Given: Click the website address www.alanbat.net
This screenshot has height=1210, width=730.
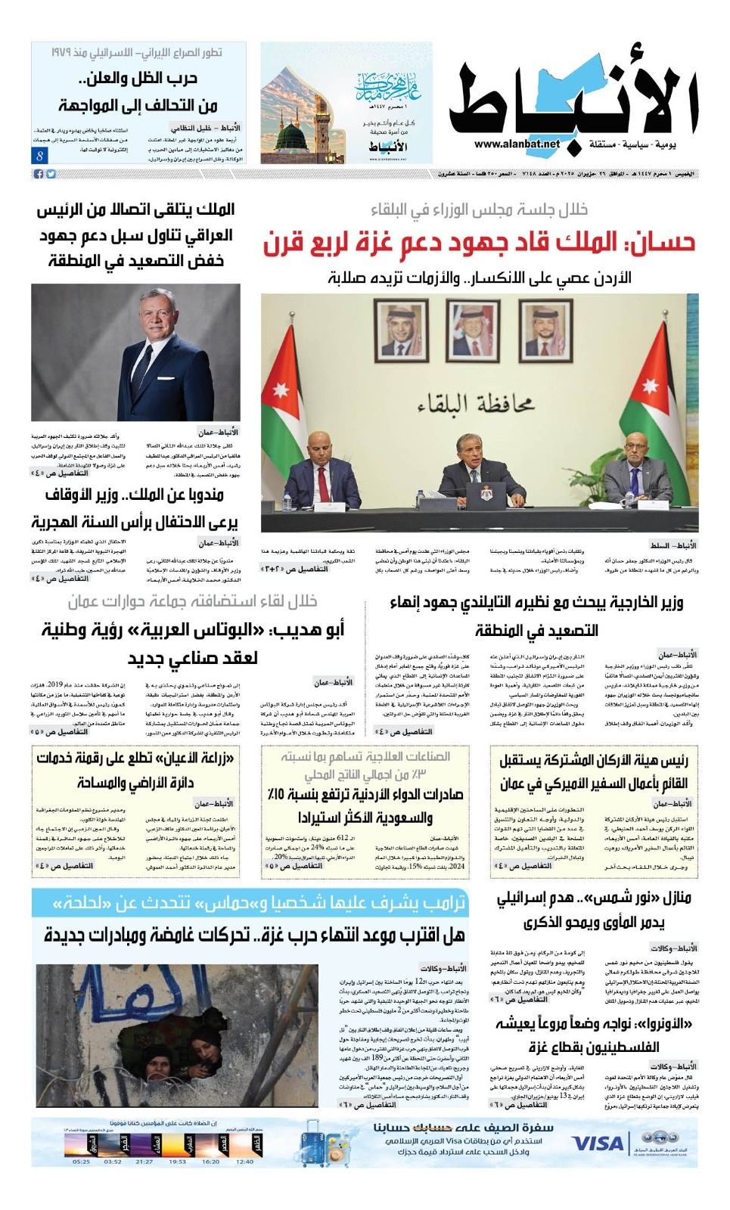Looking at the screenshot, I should [518, 144].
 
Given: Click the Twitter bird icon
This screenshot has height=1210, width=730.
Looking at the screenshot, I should [51, 174].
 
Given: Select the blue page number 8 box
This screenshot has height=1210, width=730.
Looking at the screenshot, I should [39, 155].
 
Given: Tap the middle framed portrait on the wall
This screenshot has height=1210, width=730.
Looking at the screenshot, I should [472, 330].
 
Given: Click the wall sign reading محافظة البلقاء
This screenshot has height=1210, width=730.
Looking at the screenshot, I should [477, 405].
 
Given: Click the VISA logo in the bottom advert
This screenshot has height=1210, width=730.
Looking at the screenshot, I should [597, 1143].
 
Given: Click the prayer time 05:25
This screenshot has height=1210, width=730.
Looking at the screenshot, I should [82, 1162].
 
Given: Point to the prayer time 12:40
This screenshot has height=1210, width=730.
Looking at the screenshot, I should [244, 1162].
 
